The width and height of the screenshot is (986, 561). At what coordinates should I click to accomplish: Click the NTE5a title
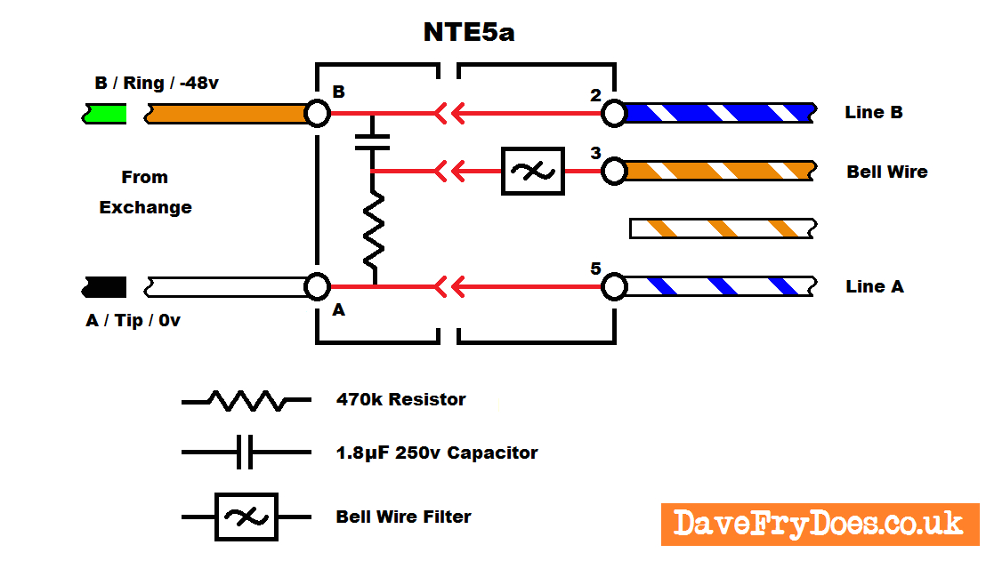(x=468, y=34)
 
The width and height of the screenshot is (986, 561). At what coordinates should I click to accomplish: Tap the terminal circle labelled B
(x=317, y=113)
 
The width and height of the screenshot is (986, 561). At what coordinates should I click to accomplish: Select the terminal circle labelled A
(x=317, y=286)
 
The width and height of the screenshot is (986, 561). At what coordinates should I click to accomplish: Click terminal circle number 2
(x=613, y=113)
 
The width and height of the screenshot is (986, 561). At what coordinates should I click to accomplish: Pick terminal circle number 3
(x=613, y=171)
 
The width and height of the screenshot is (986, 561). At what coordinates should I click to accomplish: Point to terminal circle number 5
(x=613, y=286)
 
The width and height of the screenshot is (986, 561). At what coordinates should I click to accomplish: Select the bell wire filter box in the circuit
(x=533, y=171)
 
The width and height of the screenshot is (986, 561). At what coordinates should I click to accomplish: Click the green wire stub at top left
(x=103, y=114)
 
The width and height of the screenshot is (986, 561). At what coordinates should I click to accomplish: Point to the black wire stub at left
(x=103, y=286)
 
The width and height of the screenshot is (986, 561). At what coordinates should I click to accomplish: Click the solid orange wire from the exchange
(x=227, y=114)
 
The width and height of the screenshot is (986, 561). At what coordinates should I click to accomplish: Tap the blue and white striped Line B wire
(x=719, y=113)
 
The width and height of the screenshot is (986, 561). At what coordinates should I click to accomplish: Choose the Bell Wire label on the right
(x=886, y=172)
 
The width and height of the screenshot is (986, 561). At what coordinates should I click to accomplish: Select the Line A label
(x=874, y=286)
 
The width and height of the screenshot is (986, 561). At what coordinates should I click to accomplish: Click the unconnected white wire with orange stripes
(x=721, y=228)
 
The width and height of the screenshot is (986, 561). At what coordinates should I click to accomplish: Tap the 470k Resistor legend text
(x=400, y=400)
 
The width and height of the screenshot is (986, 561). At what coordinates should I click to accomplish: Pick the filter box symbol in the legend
(x=246, y=517)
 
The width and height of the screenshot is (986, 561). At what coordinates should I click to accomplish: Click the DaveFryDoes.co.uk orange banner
(x=819, y=524)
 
